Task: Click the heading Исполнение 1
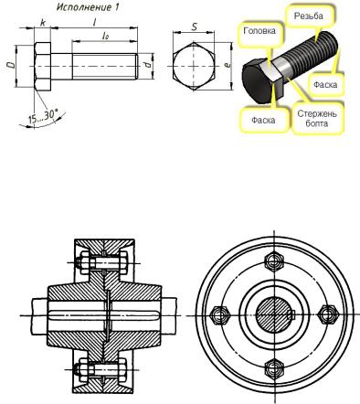(x=88, y=6)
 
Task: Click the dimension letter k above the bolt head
(x=43, y=23)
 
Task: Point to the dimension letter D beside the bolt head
(x=10, y=65)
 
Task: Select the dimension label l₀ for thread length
(x=106, y=36)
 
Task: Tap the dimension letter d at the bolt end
(x=147, y=65)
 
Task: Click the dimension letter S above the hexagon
(x=194, y=27)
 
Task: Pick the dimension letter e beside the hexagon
(x=227, y=65)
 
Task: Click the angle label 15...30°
(x=43, y=116)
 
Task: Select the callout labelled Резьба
(x=308, y=16)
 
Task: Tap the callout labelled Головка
(x=259, y=31)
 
